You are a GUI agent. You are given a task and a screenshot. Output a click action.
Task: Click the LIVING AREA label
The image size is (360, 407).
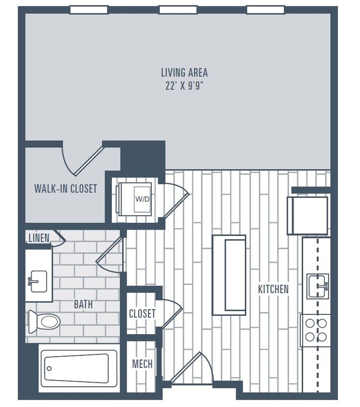click(x=184, y=73)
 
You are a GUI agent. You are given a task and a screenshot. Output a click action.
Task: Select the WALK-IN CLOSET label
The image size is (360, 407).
click(x=66, y=189)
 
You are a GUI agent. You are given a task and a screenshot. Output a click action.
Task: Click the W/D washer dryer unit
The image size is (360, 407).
click(x=135, y=198)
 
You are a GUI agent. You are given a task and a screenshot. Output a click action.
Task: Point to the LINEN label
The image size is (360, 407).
click(x=39, y=238)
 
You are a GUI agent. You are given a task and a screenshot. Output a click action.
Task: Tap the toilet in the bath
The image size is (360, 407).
click(x=44, y=321)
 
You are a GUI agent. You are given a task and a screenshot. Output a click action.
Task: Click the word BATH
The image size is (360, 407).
click(x=83, y=305)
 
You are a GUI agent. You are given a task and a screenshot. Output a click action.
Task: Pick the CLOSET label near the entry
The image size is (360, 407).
click(x=142, y=314)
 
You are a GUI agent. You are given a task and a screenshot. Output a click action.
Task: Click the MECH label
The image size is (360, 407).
click(x=142, y=364)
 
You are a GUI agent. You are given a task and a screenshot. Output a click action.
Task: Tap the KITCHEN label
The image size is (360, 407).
click(x=273, y=289)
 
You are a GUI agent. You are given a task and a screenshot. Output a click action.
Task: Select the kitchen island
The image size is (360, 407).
click(x=229, y=275)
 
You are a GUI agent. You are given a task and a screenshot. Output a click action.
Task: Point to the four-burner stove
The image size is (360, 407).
click(x=315, y=330)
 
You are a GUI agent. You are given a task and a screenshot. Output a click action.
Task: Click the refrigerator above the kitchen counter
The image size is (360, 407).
click(x=307, y=215)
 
